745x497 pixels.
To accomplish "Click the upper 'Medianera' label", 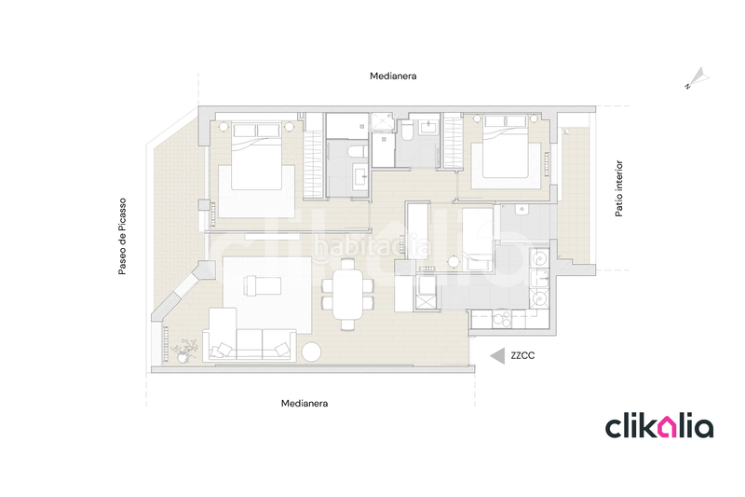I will pos(392,76).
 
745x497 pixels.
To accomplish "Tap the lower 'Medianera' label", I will pos(305,404).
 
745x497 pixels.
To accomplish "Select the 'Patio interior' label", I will pos(619,188).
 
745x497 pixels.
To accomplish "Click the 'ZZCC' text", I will pos(522,355).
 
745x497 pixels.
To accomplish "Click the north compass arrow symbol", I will pos(696,77).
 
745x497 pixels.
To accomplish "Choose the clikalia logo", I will pos(659,427).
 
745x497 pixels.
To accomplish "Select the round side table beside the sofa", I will pos(311,352).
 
